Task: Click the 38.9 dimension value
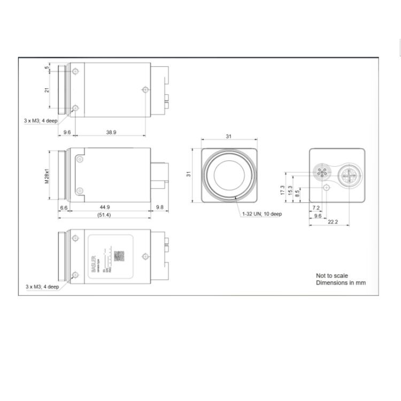[111, 132]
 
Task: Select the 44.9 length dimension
[105, 207]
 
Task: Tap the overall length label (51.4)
[104, 214]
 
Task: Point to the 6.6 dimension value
[64, 207]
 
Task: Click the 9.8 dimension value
[159, 207]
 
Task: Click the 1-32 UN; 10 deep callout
[262, 214]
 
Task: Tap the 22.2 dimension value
[332, 222]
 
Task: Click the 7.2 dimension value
[315, 207]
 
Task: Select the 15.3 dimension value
[290, 190]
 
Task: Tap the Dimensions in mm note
[341, 283]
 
